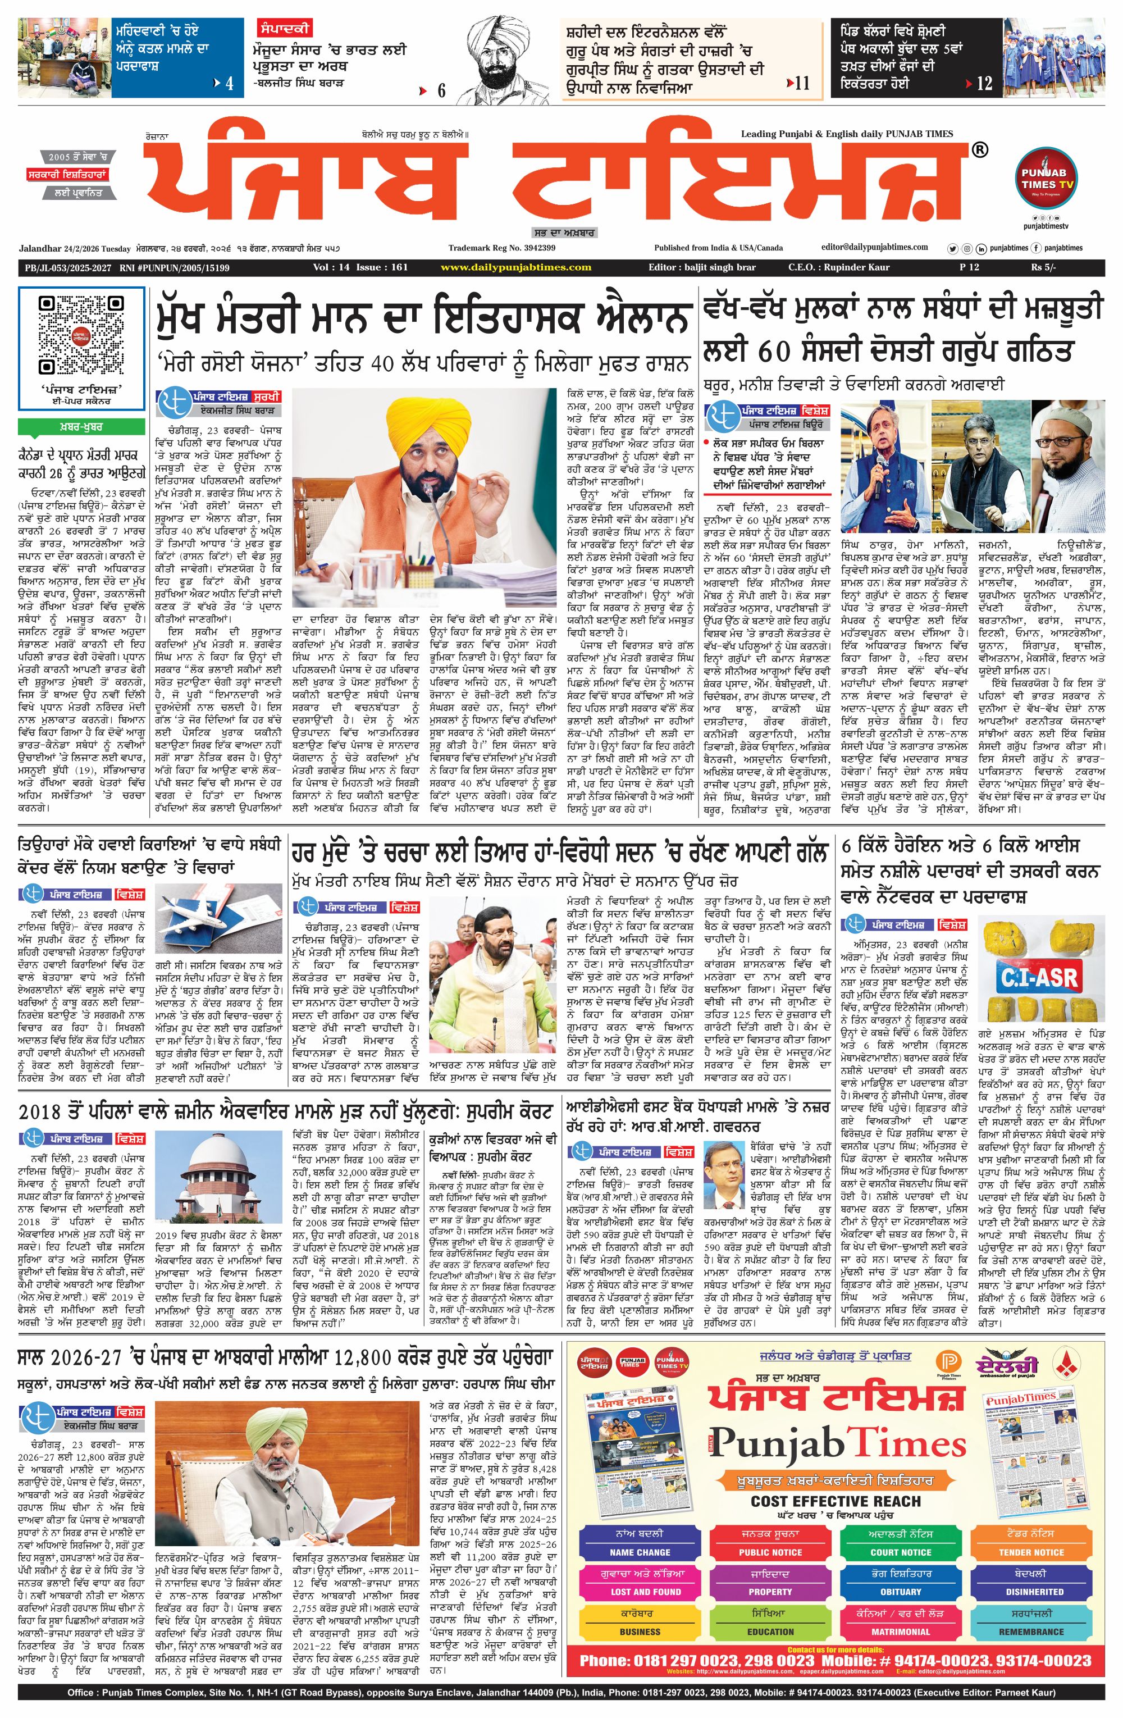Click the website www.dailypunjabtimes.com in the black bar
(515, 267)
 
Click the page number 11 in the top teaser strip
(801, 84)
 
